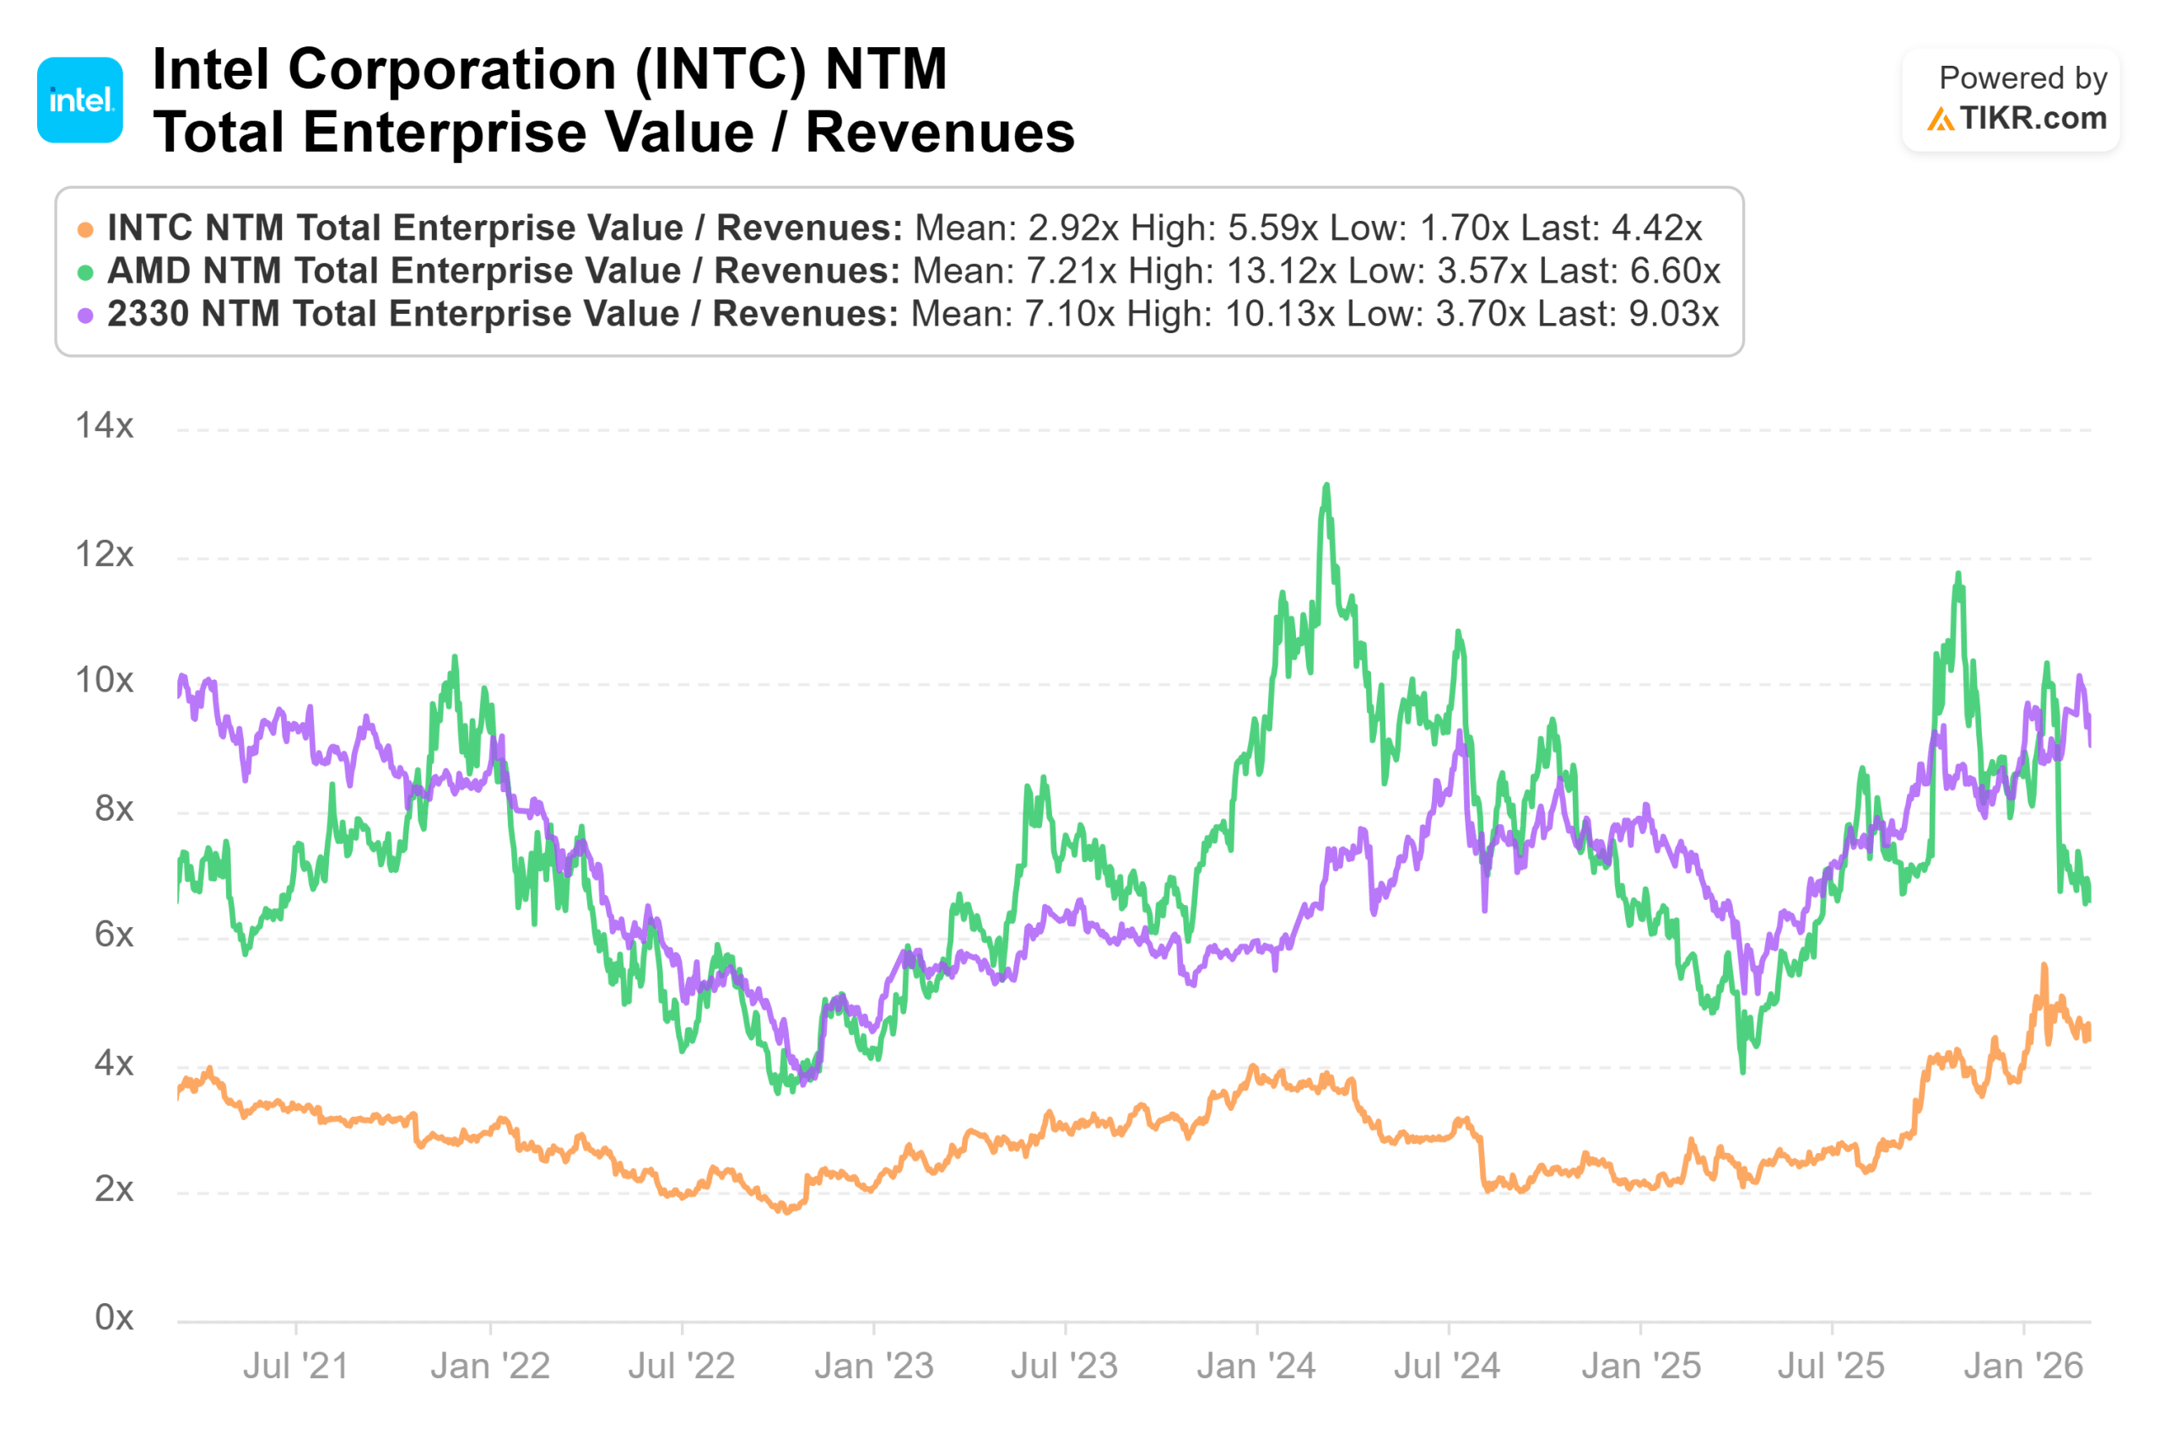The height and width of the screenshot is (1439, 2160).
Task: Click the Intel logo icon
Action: [80, 100]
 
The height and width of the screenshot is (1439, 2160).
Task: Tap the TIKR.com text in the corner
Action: [2032, 117]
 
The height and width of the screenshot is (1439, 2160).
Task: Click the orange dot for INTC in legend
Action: [85, 229]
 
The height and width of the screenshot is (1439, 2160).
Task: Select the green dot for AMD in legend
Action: [85, 272]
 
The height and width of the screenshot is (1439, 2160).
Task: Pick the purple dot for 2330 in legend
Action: [85, 315]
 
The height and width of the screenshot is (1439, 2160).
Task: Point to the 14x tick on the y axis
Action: [105, 426]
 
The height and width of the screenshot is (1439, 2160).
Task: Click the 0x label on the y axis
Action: [114, 1317]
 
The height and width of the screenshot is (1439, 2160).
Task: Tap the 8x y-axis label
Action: [114, 809]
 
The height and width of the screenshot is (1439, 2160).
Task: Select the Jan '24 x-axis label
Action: [1255, 1366]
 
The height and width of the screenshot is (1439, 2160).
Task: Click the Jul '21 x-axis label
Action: [295, 1366]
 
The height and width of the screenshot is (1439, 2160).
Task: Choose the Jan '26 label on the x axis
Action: [2023, 1366]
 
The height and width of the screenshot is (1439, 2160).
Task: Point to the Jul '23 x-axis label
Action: [1064, 1366]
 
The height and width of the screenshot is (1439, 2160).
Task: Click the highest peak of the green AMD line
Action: [1326, 487]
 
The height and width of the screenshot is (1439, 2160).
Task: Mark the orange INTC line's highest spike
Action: [2044, 967]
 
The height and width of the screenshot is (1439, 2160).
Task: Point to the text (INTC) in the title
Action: [719, 70]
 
